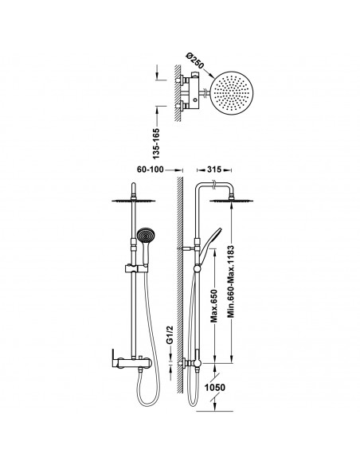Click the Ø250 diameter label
pyautogui.click(x=195, y=61)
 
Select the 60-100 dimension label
pyautogui.click(x=150, y=170)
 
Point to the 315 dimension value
pyautogui.click(x=214, y=170)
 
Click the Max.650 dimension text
pyautogui.click(x=214, y=306)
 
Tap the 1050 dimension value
pyautogui.click(x=215, y=387)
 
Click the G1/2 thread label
pyautogui.click(x=170, y=334)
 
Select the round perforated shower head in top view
pyautogui.click(x=233, y=93)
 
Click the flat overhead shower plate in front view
pyautogui.click(x=134, y=201)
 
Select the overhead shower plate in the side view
pyautogui.click(x=231, y=201)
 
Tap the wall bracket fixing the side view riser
pyautogui.click(x=186, y=248)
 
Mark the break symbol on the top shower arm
pyautogui.click(x=213, y=185)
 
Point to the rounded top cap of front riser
pyautogui.click(x=134, y=187)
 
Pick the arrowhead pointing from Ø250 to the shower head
pyautogui.click(x=211, y=75)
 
